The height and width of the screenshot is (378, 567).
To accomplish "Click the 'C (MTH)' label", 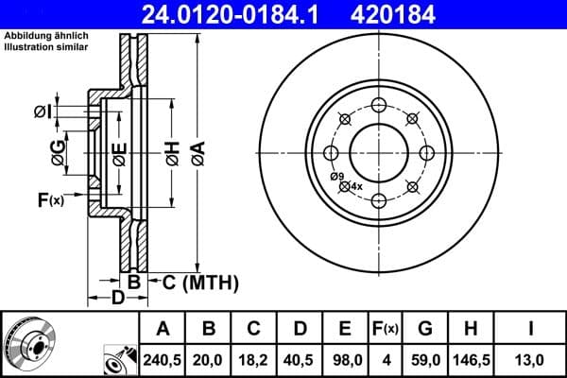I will pyautogui.click(x=199, y=282).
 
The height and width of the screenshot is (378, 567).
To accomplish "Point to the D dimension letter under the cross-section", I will pyautogui.click(x=118, y=300).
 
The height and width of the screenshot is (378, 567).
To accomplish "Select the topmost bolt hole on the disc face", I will pyautogui.click(x=378, y=103).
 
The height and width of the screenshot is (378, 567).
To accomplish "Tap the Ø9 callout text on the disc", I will pyautogui.click(x=335, y=177).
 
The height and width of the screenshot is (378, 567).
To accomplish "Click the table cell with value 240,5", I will pyautogui.click(x=163, y=358).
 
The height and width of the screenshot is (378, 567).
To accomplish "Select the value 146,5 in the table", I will pyautogui.click(x=470, y=358).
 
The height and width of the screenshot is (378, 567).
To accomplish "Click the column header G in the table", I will pyautogui.click(x=424, y=329).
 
